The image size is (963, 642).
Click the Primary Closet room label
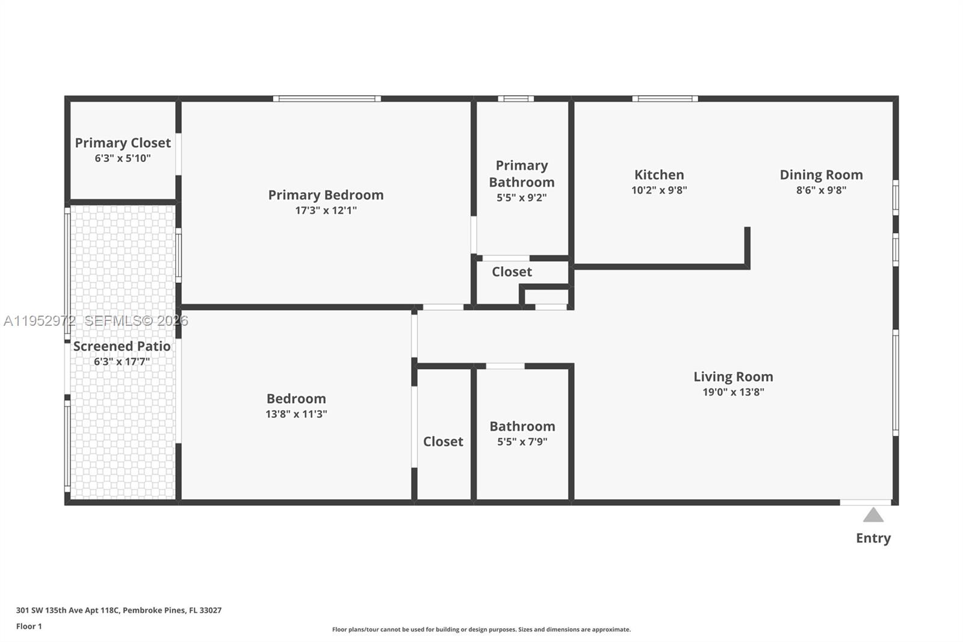(123, 143)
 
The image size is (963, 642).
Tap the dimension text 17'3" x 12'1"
(326, 211)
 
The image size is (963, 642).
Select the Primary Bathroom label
(522, 174)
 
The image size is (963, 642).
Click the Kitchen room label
(659, 175)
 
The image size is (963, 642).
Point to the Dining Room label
(821, 175)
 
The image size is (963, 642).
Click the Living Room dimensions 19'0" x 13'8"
(733, 392)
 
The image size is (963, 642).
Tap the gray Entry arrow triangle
(873, 516)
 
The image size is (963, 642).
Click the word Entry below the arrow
(873, 538)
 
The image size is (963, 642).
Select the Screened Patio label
(122, 346)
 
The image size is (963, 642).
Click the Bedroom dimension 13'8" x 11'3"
(296, 414)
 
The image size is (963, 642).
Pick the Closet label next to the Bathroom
(443, 441)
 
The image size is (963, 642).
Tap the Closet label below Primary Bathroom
(512, 272)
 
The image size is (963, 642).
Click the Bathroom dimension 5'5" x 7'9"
(522, 442)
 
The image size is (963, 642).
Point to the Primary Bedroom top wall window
(327, 99)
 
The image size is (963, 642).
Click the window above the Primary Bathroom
(516, 99)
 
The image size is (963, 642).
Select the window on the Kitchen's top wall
(665, 99)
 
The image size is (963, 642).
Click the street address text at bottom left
(119, 610)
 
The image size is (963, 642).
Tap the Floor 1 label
(29, 626)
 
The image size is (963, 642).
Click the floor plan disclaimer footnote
(482, 629)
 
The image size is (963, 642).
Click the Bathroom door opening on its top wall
(505, 366)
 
